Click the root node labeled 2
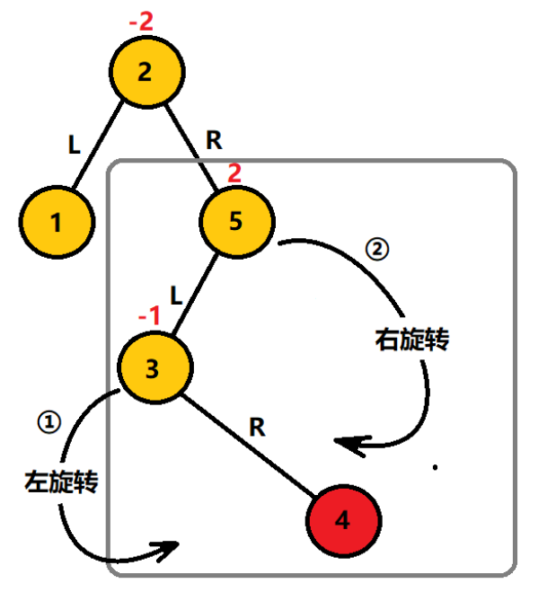(147, 73)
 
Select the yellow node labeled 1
(57, 221)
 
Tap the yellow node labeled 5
(237, 221)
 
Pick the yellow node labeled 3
(154, 367)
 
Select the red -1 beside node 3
(149, 317)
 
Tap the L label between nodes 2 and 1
(75, 144)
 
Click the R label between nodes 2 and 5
(214, 140)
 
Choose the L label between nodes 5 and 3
(176, 295)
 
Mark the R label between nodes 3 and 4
(257, 428)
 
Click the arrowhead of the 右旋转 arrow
(344, 443)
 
